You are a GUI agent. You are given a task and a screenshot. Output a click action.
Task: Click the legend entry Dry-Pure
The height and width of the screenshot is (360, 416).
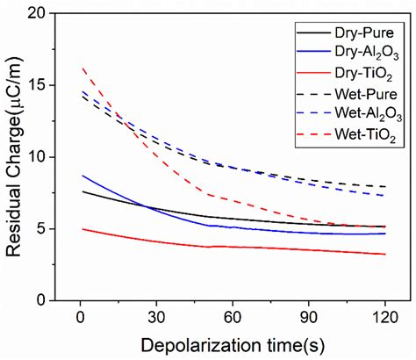358,32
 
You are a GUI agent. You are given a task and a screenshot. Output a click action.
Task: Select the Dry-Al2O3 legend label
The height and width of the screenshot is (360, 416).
360,53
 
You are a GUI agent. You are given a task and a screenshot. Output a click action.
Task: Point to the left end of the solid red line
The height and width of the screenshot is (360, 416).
82,228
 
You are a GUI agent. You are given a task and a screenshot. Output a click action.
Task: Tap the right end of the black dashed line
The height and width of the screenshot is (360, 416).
385,186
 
